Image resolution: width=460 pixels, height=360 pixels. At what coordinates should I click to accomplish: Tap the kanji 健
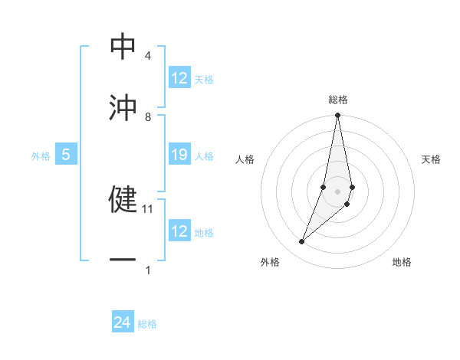123,198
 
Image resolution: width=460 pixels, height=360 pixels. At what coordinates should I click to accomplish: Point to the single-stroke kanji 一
123,260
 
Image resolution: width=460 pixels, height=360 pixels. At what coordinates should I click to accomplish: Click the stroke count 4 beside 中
147,56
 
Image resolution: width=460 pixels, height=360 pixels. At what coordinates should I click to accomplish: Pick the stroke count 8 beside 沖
147,116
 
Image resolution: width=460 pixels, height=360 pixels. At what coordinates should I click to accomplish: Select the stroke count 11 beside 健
149,208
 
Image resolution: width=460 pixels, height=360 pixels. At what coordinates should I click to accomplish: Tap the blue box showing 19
179,155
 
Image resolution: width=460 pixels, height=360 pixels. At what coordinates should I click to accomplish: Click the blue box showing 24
123,323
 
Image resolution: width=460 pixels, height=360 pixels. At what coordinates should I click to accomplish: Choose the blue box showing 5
66,155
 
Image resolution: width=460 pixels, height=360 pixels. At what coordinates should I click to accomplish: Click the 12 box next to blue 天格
179,78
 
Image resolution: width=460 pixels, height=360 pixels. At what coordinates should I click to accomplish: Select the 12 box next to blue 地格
179,231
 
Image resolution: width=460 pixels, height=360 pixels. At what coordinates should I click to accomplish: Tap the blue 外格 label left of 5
41,155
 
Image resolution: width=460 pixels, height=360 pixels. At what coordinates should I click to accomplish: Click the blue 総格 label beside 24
147,324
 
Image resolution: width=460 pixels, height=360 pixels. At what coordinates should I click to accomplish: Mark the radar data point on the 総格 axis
337,116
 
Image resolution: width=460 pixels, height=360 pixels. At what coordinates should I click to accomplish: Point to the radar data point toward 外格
302,241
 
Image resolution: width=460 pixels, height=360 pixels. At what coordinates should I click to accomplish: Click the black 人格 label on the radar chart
245,159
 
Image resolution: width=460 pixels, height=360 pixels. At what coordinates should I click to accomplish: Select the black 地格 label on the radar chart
402,262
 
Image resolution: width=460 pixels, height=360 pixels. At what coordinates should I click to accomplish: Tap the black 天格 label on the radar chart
432,159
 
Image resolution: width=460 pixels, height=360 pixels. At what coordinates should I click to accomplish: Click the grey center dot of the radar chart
337,191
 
